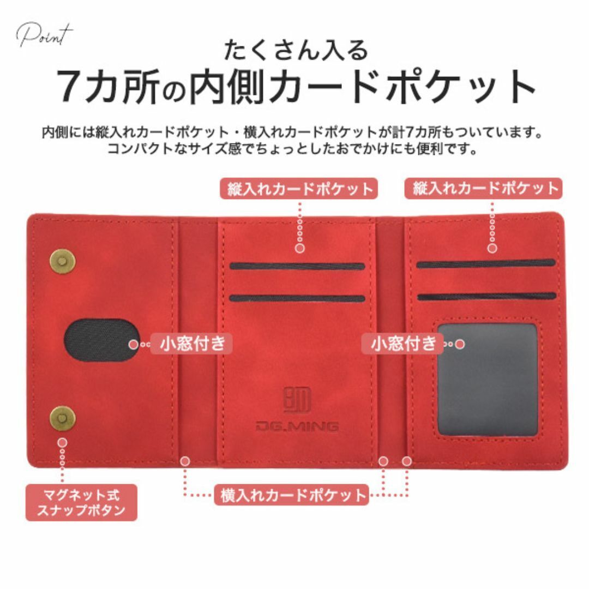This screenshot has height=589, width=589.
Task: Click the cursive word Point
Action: coord(45,35)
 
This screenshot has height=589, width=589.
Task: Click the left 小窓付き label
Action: coord(192,344)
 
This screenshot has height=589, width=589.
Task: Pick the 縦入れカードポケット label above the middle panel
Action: coord(299,189)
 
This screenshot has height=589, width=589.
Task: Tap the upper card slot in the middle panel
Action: coord(297,266)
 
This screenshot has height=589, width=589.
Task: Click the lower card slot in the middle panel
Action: coord(297,298)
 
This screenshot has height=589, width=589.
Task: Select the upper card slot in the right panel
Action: coord(485,263)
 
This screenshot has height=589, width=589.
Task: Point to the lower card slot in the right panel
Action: coord(485,297)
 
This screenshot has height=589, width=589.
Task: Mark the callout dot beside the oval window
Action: coord(134,344)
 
